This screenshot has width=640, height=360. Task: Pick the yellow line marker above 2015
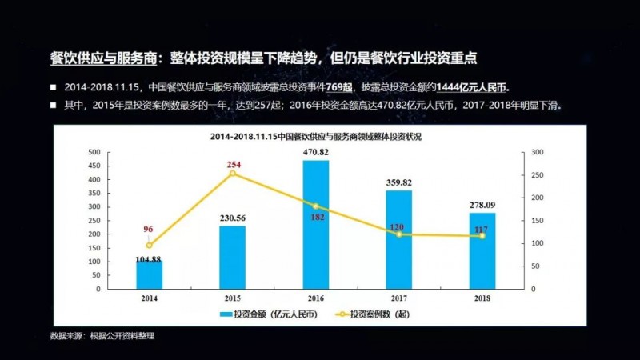[x=233, y=173]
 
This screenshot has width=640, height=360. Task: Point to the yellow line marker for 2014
[x=149, y=245]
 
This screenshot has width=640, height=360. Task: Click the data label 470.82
[x=315, y=152]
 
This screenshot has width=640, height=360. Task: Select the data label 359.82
[x=398, y=182]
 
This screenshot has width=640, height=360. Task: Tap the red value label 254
[x=233, y=162]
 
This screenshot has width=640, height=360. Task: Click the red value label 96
[x=148, y=230]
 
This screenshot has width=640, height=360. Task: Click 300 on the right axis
[x=537, y=152]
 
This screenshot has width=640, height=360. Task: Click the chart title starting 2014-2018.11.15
[x=314, y=137]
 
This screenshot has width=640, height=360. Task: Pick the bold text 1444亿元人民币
[x=468, y=86]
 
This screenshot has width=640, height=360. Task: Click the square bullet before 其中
[x=53, y=105]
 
